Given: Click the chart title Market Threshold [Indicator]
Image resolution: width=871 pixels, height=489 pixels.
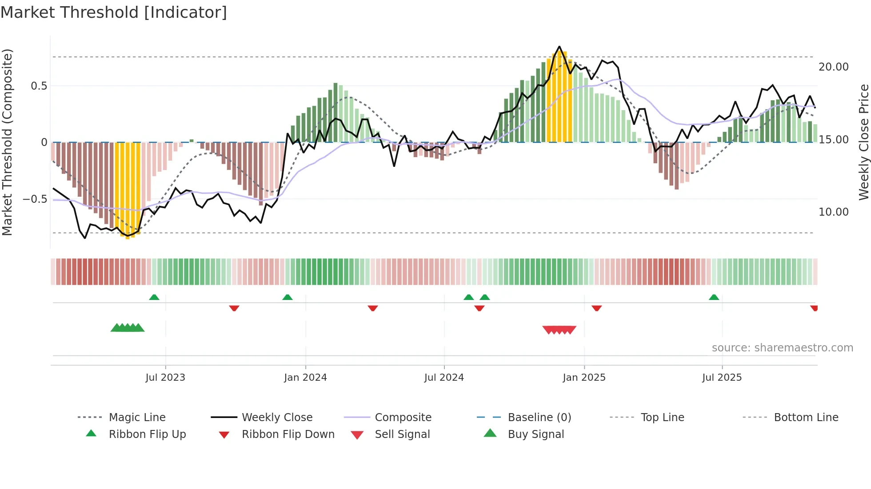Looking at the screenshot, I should (114, 12).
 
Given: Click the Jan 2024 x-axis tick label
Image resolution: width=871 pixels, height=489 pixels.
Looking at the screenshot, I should (305, 377).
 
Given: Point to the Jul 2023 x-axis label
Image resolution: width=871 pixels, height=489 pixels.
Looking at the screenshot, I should (165, 377).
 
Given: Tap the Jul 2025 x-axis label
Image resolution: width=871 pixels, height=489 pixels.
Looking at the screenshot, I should (722, 377).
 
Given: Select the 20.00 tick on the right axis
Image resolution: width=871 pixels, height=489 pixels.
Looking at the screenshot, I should (833, 67).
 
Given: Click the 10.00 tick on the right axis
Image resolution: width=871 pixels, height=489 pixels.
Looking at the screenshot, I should (833, 212).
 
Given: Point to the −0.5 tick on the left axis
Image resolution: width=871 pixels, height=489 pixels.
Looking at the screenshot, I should (35, 199).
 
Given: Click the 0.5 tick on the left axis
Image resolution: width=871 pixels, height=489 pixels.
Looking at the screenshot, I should (39, 86).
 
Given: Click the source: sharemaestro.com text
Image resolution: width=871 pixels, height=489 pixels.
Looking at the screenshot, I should (782, 347).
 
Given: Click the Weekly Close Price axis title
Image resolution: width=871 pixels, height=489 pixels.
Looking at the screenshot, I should (863, 142).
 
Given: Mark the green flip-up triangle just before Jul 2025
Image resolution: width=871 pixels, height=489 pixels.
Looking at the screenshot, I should (714, 297).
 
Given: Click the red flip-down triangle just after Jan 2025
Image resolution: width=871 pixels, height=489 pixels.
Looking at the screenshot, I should (596, 308).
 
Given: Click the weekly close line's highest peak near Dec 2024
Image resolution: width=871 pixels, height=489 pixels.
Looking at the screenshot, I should (559, 47).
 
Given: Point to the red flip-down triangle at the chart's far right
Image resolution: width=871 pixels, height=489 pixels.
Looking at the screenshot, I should (814, 308).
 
